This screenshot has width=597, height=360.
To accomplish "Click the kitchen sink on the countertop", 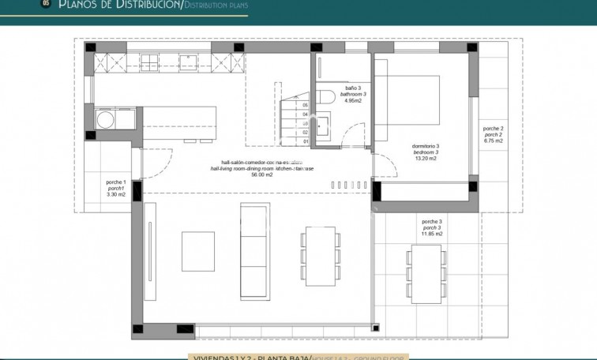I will pyautogui.click(x=188, y=62).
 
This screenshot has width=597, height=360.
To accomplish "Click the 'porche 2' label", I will pyautogui.click(x=493, y=128).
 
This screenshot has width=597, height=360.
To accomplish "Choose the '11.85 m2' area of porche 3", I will pyautogui.click(x=432, y=234).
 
